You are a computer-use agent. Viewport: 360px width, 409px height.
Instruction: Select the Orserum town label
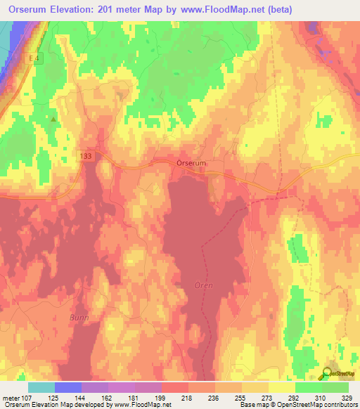click(x=191, y=163)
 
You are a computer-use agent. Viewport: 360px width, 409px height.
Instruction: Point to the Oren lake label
click(x=203, y=285)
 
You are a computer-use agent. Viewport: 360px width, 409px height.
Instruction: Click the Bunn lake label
click(x=79, y=318)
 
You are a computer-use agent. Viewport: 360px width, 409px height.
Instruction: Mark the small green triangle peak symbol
click(x=53, y=119)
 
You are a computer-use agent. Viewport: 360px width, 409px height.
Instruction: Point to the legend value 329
click(x=348, y=398)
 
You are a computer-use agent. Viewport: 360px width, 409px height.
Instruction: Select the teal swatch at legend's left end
click(x=41, y=387)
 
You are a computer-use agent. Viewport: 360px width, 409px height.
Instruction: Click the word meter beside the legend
click(x=11, y=398)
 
